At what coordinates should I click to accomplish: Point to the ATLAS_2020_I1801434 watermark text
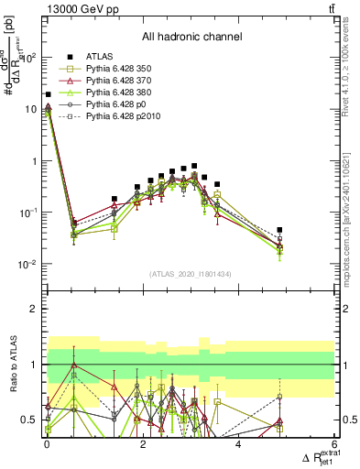coord(191,274)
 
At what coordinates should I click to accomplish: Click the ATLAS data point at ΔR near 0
coord(48,94)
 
